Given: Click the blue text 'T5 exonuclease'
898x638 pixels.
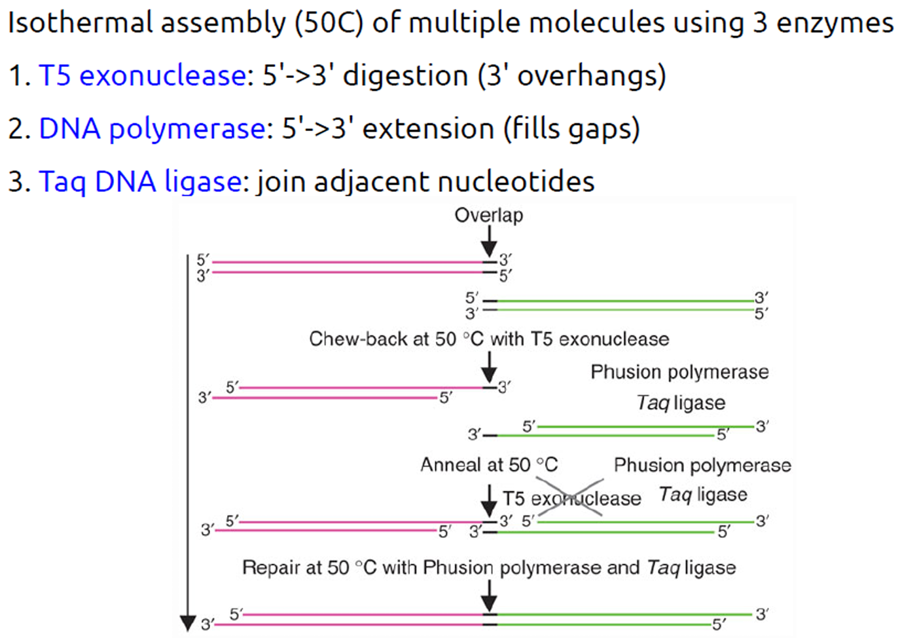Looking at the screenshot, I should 142,76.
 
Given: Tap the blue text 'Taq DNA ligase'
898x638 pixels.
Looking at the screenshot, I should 140,181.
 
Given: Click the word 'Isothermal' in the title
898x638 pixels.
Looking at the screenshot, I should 80,23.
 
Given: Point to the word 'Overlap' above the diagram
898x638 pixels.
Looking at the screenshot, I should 488,216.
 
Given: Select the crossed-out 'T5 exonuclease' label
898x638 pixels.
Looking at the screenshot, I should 571,498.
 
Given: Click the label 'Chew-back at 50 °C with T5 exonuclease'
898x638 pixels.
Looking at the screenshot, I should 489,339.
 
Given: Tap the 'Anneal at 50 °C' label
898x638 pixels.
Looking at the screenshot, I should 488,465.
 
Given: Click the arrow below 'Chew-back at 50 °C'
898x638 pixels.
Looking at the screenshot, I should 489,367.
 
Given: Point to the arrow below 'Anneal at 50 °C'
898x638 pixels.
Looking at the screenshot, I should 489,501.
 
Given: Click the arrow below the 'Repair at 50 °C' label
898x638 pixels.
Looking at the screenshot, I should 489,596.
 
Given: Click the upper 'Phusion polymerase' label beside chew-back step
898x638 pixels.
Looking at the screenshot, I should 679,372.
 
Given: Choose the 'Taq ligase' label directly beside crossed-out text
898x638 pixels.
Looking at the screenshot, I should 702,495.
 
